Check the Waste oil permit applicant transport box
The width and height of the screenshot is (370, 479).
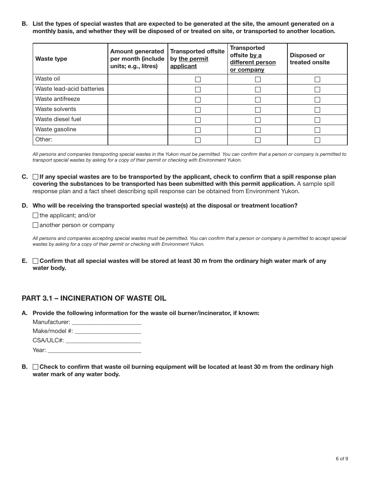[x=198, y=79]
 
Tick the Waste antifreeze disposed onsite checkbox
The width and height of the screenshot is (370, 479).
[x=317, y=100]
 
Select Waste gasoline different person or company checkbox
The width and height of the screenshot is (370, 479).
[x=257, y=130]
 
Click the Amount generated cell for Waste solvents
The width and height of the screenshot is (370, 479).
[x=137, y=109]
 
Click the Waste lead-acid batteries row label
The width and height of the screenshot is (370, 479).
[x=70, y=89]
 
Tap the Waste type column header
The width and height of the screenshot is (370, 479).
[x=51, y=59]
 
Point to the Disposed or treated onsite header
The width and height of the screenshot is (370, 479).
[x=310, y=59]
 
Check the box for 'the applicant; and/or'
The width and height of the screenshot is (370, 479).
[x=35, y=215]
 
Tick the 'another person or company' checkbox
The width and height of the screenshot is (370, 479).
[x=35, y=225]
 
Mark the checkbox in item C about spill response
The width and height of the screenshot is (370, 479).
[x=35, y=177]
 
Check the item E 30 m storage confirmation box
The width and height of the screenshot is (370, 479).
[x=35, y=261]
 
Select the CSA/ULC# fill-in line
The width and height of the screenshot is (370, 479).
[x=103, y=341]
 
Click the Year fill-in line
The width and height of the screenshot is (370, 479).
[x=94, y=350]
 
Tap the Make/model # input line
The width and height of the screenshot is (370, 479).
[x=108, y=331]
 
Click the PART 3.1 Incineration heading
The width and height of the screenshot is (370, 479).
[x=94, y=298]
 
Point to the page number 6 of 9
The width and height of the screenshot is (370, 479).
[x=342, y=458]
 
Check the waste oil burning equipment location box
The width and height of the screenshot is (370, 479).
[x=35, y=367]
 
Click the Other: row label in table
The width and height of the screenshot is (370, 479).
[x=44, y=139]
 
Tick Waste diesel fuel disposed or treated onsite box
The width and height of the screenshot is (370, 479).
[x=317, y=120]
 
